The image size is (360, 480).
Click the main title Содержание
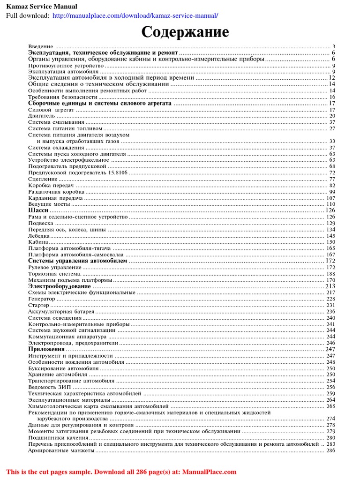coord(186,32)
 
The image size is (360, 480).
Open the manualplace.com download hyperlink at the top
coord(135,15)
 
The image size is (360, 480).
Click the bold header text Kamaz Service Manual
coord(41,6)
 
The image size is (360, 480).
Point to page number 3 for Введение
coord(333,46)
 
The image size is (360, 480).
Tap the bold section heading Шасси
coord(38,210)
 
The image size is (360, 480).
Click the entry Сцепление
coord(43,179)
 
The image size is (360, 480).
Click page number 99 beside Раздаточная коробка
coord(332,192)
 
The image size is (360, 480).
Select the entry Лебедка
coord(39,236)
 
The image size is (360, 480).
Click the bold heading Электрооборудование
coord(60,286)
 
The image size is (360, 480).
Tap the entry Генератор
coord(42,299)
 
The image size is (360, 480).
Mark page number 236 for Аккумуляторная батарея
coord(330,311)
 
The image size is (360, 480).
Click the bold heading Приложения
coord(46,349)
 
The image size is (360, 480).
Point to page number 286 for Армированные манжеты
coord(330,450)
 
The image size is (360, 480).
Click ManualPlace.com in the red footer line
coord(209,472)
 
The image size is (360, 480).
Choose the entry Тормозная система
coord(54,273)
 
